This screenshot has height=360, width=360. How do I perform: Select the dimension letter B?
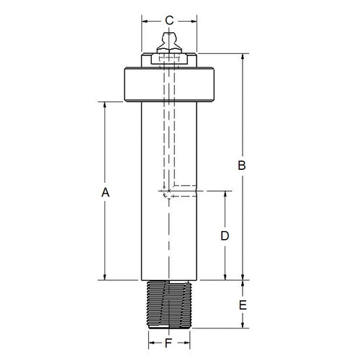tap(243, 166)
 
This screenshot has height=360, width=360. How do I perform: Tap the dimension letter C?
tap(168, 20)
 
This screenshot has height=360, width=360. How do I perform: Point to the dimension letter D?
tap(224, 235)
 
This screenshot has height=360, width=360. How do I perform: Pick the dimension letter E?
tap(243, 305)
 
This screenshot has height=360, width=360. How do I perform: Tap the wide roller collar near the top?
tap(168, 84)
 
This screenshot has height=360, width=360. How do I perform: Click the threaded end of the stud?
tap(168, 303)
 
